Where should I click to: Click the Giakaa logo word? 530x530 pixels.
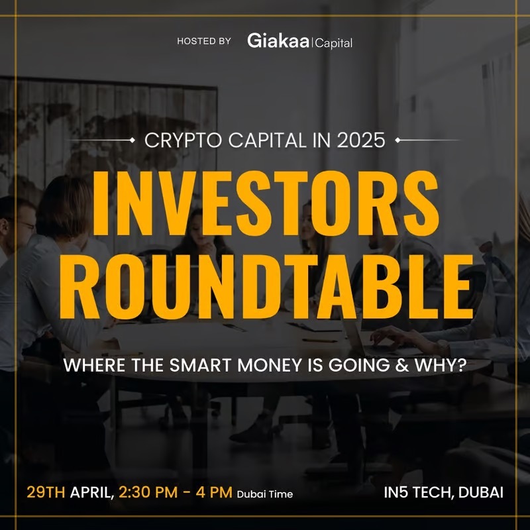coord(278,40)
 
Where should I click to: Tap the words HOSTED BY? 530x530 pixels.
coord(204,41)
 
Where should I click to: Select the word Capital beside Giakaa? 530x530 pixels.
coord(334,43)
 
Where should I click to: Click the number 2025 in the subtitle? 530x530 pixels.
coord(361,140)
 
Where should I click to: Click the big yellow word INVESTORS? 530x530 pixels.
coord(266,203)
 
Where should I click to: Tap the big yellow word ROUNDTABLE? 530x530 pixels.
coord(266,287)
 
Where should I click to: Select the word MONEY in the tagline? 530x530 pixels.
coord(270,366)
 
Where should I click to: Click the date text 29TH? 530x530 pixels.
coord(46,492)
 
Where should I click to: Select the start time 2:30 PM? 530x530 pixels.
coord(148,492)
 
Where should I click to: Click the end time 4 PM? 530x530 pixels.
coord(214,492)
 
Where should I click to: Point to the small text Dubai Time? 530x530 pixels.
coord(265,494)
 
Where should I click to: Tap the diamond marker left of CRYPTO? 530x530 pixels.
coord(132,140)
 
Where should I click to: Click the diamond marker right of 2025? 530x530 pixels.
coord(398,140)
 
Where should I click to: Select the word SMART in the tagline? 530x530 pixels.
coord(201,366)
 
